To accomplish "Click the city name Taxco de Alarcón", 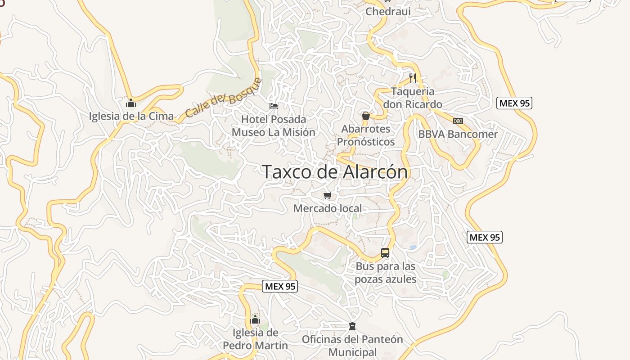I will click(335, 172).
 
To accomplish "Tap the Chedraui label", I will click(388, 11).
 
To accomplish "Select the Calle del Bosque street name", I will click(223, 98).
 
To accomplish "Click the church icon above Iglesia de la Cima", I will click(131, 103).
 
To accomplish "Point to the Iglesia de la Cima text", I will click(131, 116).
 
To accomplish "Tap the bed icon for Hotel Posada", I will click(274, 106).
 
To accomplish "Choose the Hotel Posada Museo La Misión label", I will click(274, 126).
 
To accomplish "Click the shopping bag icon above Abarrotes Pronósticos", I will click(366, 116).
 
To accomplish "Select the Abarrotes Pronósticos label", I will click(366, 135).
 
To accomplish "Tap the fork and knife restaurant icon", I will click(413, 78).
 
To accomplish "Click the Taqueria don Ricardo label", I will click(413, 98).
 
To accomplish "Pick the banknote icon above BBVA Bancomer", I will click(458, 121).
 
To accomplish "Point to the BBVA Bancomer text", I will click(458, 134).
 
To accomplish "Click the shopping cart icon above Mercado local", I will click(328, 195).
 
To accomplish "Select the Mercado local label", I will click(328, 208).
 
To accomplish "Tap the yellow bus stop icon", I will click(385, 253).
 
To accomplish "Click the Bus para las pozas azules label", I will click(386, 273).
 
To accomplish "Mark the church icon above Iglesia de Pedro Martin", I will click(255, 320).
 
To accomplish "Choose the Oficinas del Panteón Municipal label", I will click(352, 346).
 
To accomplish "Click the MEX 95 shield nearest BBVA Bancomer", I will click(515, 103).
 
